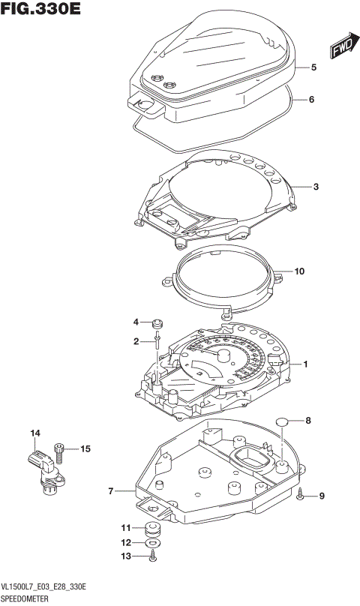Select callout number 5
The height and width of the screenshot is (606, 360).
pos(313,67)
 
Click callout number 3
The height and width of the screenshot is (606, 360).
pos(316,186)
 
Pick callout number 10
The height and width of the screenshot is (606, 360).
pos(299,271)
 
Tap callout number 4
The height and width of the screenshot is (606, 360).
pos(137,322)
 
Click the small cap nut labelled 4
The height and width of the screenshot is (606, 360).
pos(157,324)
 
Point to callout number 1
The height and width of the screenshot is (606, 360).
pos(306,364)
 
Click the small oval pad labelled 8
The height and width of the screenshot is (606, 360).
pos(283,422)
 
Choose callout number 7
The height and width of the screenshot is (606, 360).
pos(111,492)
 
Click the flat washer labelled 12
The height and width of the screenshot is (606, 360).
pos(152,542)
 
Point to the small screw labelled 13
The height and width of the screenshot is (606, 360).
pos(152,556)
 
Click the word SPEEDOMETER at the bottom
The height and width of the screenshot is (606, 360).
pos(25,599)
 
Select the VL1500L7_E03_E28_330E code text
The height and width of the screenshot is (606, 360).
pos(46,587)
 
